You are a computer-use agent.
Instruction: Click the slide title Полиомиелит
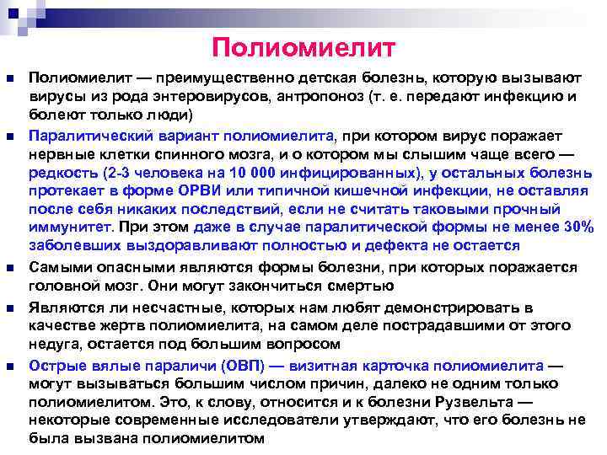click(303, 47)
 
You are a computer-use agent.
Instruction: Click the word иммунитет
click(72, 227)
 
